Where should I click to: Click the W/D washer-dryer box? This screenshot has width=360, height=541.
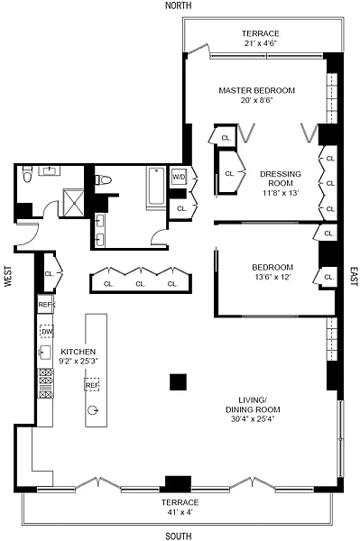coord(179,177)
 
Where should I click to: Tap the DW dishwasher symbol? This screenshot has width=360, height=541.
coord(47,332)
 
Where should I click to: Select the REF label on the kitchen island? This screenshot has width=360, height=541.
coord(92,385)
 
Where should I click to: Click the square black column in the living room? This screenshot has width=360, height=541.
coord(178,382)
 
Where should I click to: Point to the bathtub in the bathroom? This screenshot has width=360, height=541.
coord(156,188)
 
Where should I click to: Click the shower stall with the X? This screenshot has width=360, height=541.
coord(73,203)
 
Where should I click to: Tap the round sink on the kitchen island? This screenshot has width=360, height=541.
coord(93,410)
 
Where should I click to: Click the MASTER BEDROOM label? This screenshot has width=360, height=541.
coord(257,90)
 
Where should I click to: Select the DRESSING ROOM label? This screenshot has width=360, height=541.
coord(281,179)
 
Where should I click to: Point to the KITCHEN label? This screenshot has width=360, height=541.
coord(78,352)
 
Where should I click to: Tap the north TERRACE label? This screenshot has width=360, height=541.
coord(260,33)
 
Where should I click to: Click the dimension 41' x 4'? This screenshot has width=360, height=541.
coord(180,512)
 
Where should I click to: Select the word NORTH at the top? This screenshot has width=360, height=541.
coord(178,5)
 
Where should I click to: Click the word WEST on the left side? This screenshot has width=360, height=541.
coord(8,276)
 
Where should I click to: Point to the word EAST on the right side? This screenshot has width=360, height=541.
coord(354,276)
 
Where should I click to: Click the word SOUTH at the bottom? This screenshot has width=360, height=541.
coord(179,536)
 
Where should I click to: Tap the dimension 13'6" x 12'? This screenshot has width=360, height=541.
coord(272,277)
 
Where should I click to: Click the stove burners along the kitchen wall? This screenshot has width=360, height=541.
coord(45,383)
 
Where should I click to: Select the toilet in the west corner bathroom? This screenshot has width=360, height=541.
coord(27,173)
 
